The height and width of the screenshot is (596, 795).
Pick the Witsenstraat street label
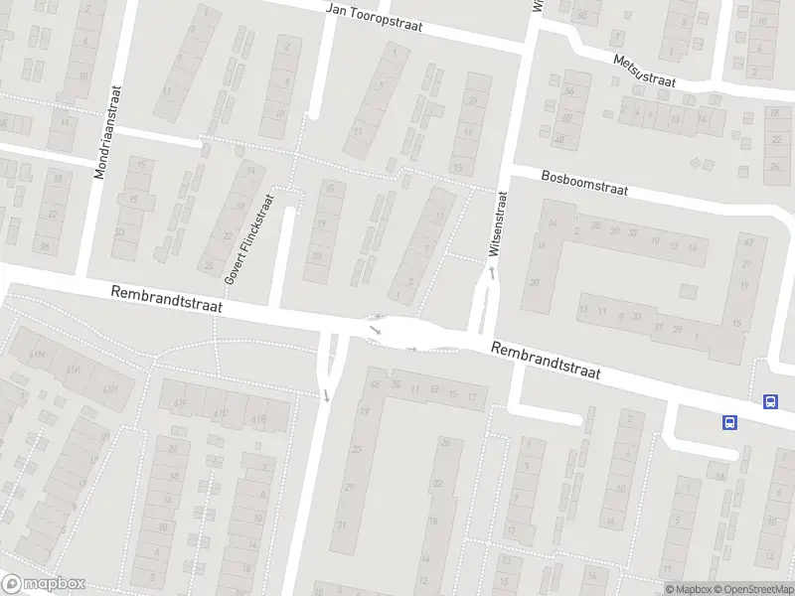[x=502, y=224]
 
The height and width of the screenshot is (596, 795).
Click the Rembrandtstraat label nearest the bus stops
[x=547, y=361]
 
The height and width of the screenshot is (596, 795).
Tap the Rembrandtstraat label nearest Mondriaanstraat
[x=167, y=300]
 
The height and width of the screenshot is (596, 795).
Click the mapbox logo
[x=44, y=583]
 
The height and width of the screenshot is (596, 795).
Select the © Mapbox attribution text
[x=689, y=589]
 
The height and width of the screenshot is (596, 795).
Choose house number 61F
[x=180, y=401]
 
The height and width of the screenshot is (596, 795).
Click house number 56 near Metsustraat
[x=569, y=91]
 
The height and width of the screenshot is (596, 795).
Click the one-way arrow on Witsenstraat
[x=491, y=270]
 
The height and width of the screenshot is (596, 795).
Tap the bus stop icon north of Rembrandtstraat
[x=770, y=401]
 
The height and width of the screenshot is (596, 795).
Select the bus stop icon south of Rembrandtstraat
[x=729, y=422]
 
